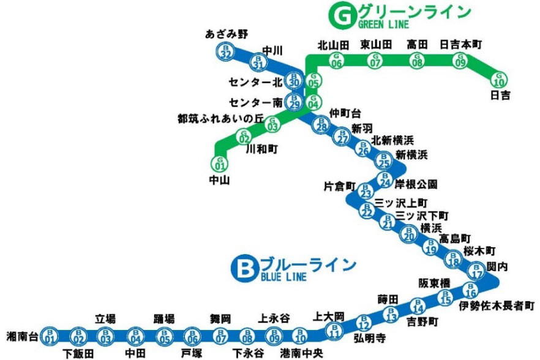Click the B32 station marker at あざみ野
pos(226,53)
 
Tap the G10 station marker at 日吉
pos(500,80)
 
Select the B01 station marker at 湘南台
pos(50,336)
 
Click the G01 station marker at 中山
pos(219,163)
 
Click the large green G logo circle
pos(340,15)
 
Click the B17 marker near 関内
pos(476,270)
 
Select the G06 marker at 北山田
pos(336,60)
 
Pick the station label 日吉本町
pos(461,45)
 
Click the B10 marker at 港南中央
pos(300,336)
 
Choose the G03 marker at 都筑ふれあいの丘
pos(272,124)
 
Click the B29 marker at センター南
pos(295,102)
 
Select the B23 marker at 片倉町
pos(366,193)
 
